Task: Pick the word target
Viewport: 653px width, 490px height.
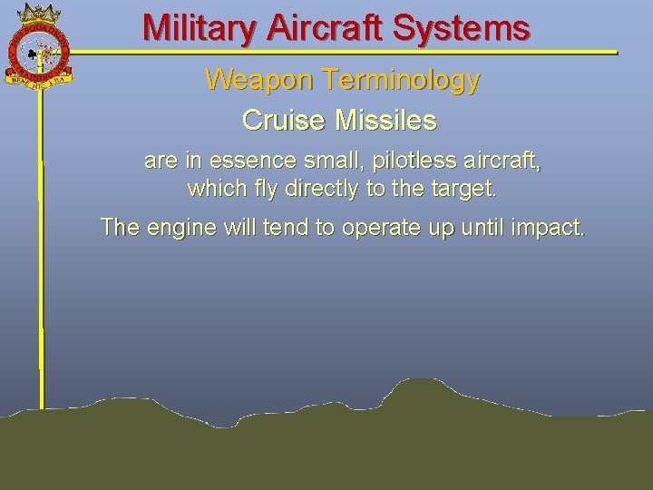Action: click(464, 191)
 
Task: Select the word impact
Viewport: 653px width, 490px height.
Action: click(551, 227)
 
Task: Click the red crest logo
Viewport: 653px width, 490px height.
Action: click(38, 51)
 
